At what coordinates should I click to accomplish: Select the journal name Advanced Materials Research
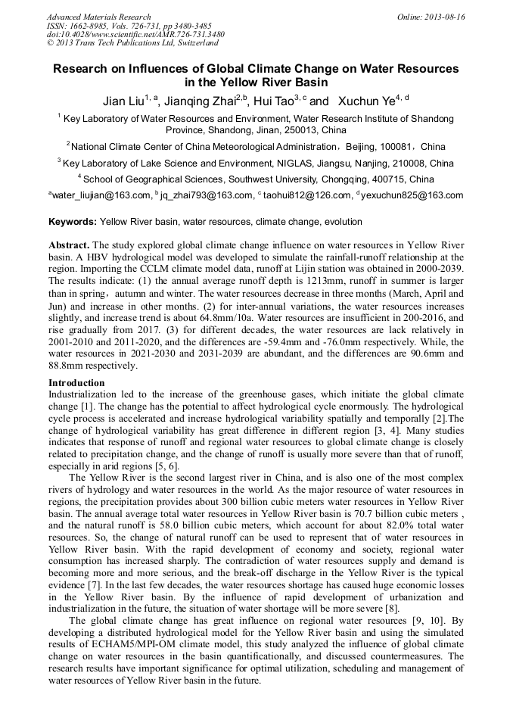point(98,17)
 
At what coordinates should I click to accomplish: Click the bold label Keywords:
point(73,223)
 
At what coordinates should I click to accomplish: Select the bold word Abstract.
point(70,246)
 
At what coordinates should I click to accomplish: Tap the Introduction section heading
point(76,383)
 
